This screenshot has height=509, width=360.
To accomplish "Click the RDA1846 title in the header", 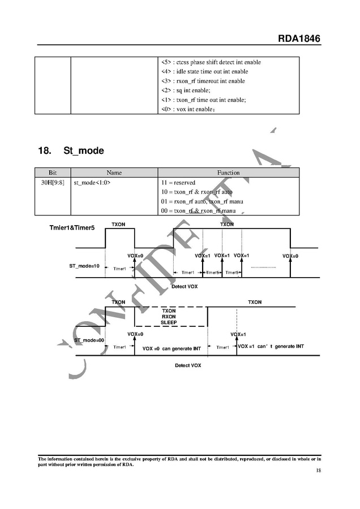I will [x=299, y=38].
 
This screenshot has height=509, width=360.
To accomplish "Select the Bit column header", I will [x=53, y=172].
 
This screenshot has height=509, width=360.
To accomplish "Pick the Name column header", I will [x=114, y=172].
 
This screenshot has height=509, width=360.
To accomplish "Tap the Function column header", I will [x=228, y=172].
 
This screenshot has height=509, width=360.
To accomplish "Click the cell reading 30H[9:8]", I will [x=53, y=183].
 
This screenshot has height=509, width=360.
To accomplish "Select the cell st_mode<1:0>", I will [x=92, y=183].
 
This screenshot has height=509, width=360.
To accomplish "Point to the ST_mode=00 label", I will [x=89, y=340].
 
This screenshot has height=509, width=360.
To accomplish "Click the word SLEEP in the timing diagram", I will [x=169, y=322].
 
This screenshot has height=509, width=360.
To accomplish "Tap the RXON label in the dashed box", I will [x=169, y=317].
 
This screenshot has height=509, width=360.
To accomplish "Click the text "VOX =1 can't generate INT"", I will [x=271, y=346].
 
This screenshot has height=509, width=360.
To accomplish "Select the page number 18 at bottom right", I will [x=318, y=471].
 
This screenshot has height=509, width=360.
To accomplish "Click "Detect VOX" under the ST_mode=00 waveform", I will [x=188, y=365].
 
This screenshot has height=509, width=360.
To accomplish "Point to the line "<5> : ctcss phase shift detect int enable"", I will [x=211, y=62].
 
